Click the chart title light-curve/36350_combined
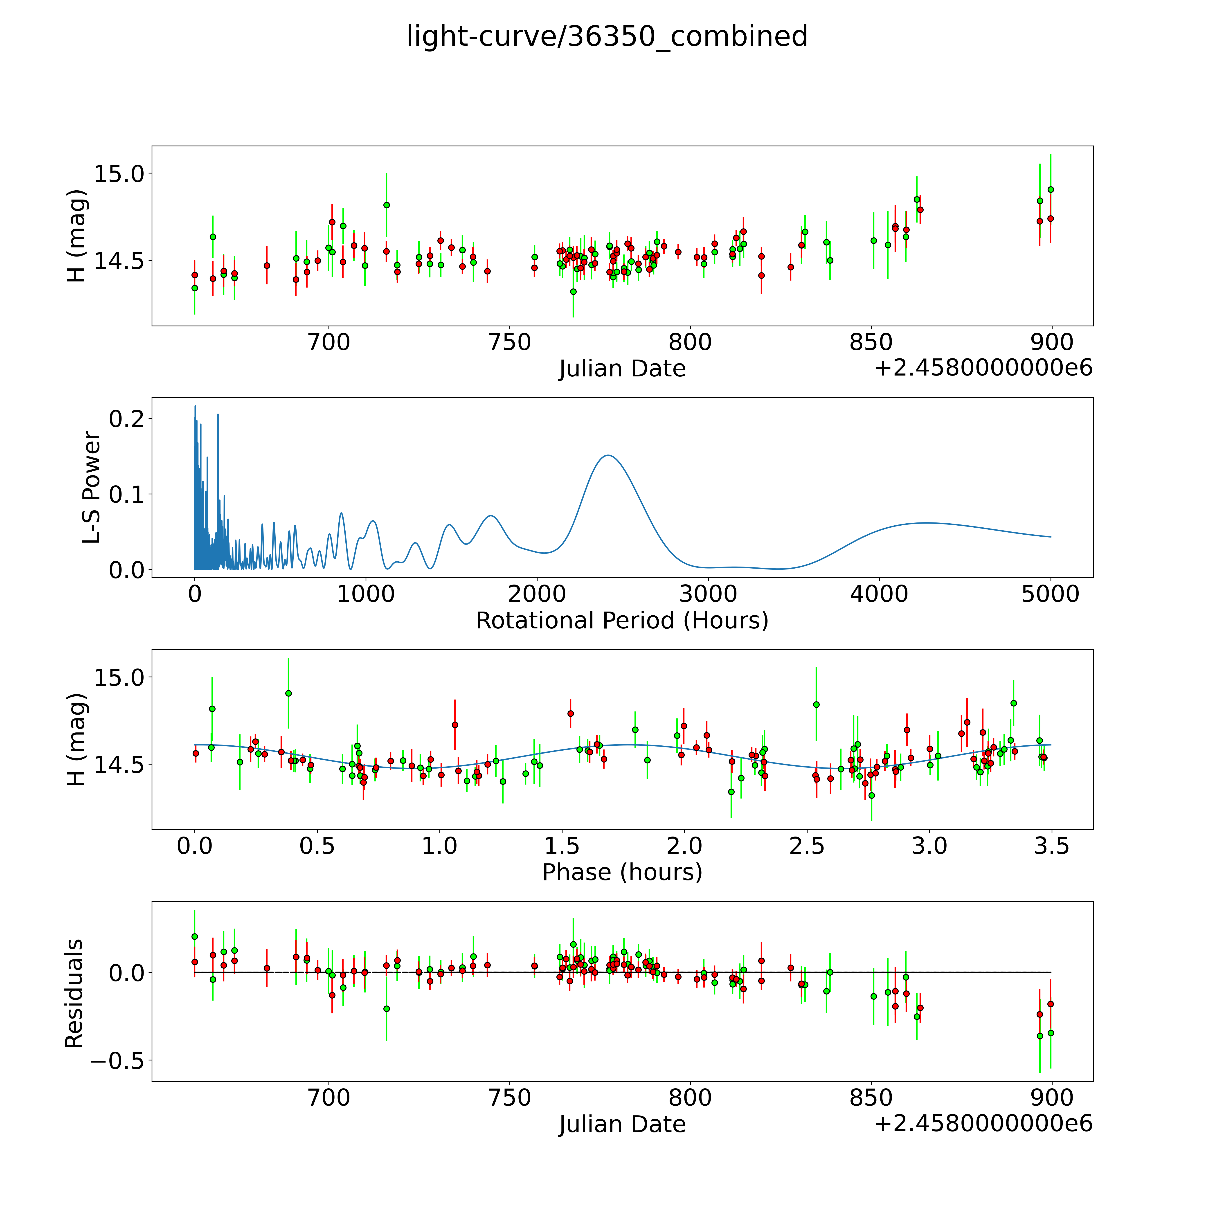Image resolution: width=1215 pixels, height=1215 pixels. pyautogui.click(x=607, y=36)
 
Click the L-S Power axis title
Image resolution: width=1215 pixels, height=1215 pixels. pyautogui.click(x=92, y=487)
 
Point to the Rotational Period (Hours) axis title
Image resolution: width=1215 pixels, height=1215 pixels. pyautogui.click(x=622, y=621)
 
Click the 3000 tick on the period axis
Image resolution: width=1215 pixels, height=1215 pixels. pyautogui.click(x=708, y=594)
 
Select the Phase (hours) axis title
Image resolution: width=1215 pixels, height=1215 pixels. pyautogui.click(x=622, y=872)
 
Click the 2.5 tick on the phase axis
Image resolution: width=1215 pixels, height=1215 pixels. pyautogui.click(x=807, y=846)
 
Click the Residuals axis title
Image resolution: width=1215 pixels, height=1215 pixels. pyautogui.click(x=74, y=994)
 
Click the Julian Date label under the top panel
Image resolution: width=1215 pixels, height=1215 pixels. pyautogui.click(x=622, y=369)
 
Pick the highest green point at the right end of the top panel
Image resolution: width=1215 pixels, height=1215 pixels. pyautogui.click(x=1050, y=189)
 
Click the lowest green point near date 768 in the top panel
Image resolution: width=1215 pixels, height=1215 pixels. pyautogui.click(x=573, y=291)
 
